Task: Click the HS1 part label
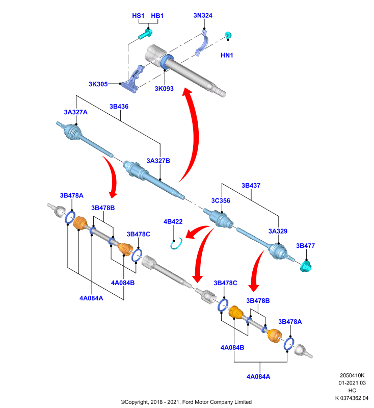pyautogui.click(x=138, y=16)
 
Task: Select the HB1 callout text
pyautogui.click(x=157, y=16)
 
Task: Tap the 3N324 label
pyautogui.click(x=203, y=15)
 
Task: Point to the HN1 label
pyautogui.click(x=227, y=55)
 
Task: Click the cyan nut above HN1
pyautogui.click(x=228, y=35)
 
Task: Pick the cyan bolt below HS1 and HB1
pyautogui.click(x=145, y=34)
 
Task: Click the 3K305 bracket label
pyautogui.click(x=98, y=84)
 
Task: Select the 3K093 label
pyautogui.click(x=164, y=88)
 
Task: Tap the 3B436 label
pyautogui.click(x=119, y=107)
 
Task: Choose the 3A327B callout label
pyautogui.click(x=158, y=161)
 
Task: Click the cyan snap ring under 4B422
pyautogui.click(x=176, y=244)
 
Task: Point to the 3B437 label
pyautogui.click(x=251, y=185)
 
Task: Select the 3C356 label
pyautogui.click(x=221, y=200)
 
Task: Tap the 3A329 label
pyautogui.click(x=278, y=231)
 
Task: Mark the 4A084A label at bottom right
pyautogui.click(x=258, y=376)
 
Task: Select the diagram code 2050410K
pyautogui.click(x=352, y=375)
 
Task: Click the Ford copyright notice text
pyautogui.click(x=186, y=402)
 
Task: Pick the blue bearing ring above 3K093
pyautogui.click(x=167, y=62)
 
